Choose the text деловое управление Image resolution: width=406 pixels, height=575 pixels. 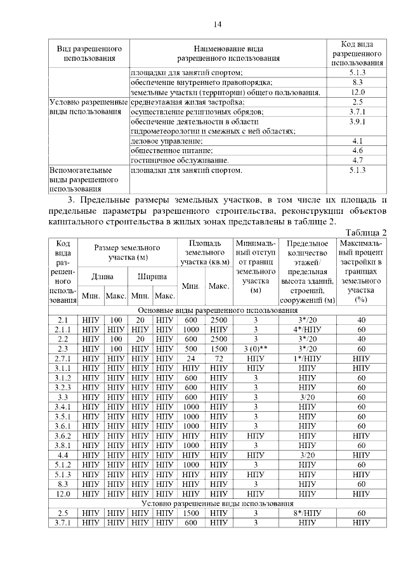coord(167,141)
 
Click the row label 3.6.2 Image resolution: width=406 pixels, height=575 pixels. coord(63,436)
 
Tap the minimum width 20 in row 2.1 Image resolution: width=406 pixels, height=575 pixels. coord(140,320)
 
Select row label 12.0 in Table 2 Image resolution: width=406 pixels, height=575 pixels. coord(63,493)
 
